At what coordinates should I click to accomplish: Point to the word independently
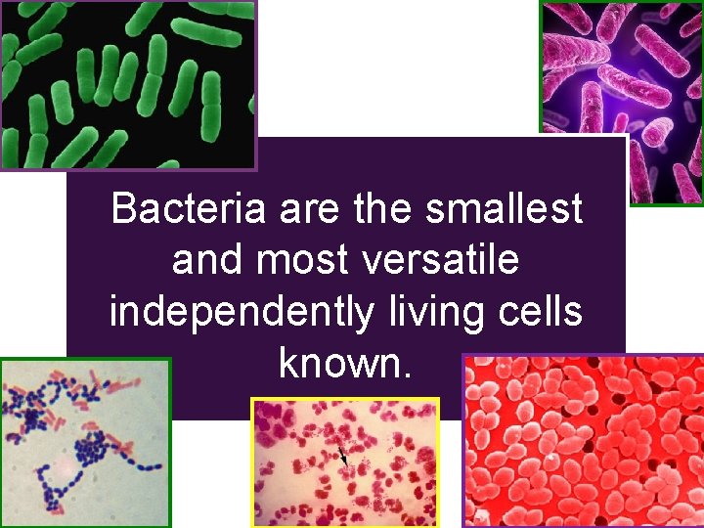pyautogui.click(x=241, y=313)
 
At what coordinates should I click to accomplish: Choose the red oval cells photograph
pyautogui.click(x=583, y=442)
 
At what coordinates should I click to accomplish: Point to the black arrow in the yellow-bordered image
pyautogui.click(x=341, y=453)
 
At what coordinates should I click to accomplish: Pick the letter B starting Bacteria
pyautogui.click(x=124, y=208)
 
